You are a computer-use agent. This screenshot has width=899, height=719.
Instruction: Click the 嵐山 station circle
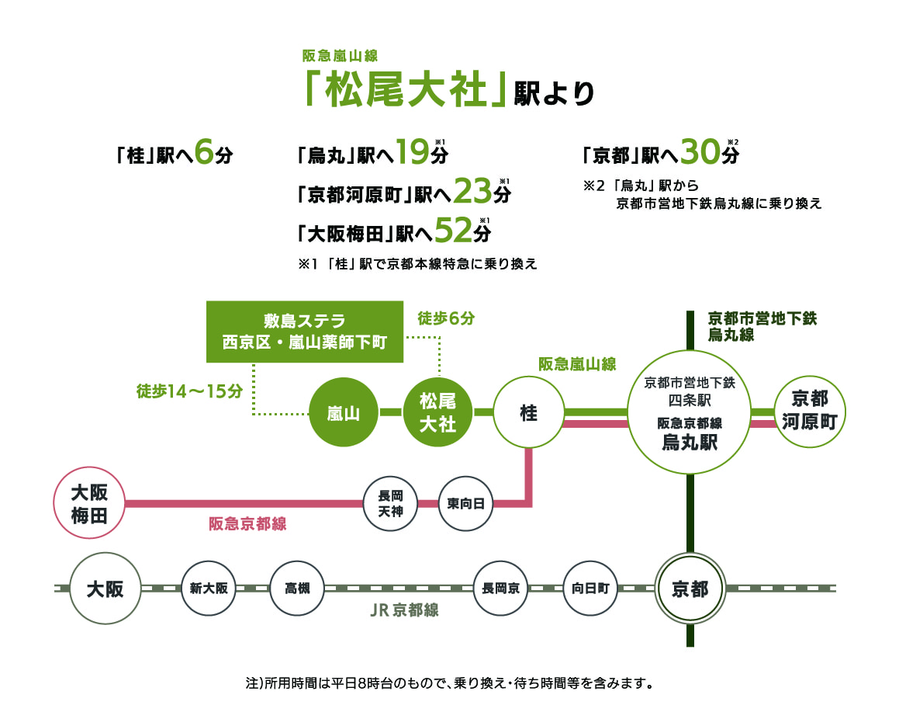coord(343,413)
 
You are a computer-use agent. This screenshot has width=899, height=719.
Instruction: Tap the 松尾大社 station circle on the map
coord(437,413)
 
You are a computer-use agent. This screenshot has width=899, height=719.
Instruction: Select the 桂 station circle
coord(528,413)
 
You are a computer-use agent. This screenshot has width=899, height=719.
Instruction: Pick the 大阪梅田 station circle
coord(89,503)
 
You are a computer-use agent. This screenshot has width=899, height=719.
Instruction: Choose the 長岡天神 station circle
coord(390,504)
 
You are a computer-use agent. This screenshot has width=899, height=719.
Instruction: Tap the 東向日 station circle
coord(465,504)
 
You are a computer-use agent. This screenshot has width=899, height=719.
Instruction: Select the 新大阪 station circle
coord(209,589)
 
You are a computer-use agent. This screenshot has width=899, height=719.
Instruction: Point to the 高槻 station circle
coord(297,589)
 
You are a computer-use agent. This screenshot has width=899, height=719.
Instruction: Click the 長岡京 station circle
coord(500,589)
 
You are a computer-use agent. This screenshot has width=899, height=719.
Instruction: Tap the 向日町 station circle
coord(590,589)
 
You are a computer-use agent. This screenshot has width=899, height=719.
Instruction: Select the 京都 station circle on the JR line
coord(690,589)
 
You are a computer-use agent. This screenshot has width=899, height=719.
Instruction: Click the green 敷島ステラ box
coord(305,332)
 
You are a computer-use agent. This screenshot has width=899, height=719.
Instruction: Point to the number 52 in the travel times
coord(453,230)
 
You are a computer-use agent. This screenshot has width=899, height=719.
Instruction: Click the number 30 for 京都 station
coord(702,152)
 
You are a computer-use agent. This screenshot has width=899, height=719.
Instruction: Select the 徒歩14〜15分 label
coord(190,391)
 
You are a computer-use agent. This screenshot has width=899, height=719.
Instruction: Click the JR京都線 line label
coord(404,610)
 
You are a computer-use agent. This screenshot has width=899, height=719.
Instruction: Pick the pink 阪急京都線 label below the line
coord(247,524)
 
